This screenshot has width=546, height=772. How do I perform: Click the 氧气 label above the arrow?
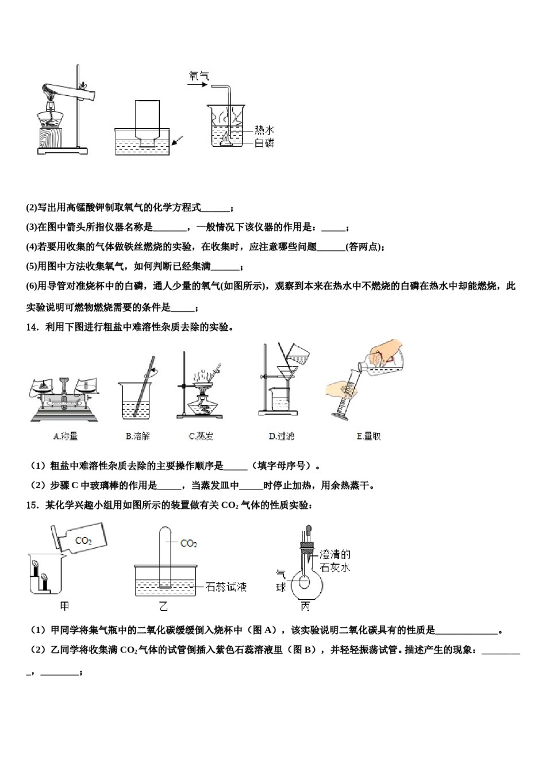click(x=199, y=75)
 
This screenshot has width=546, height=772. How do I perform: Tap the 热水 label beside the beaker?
click(x=264, y=130)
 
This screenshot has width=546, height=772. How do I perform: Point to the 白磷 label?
click(x=264, y=143)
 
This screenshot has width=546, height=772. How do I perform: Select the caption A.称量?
click(x=65, y=436)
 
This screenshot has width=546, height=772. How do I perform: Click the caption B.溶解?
click(x=137, y=436)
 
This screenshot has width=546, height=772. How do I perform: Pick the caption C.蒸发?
click(x=201, y=436)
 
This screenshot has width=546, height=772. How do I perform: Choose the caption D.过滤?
click(x=282, y=436)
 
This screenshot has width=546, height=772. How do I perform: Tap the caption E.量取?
click(x=368, y=436)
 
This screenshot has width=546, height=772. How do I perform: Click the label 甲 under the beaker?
click(x=64, y=606)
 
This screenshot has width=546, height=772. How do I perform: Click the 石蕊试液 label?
click(x=226, y=586)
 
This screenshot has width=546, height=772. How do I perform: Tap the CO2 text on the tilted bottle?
click(x=84, y=541)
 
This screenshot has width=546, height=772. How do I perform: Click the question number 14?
click(x=32, y=327)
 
